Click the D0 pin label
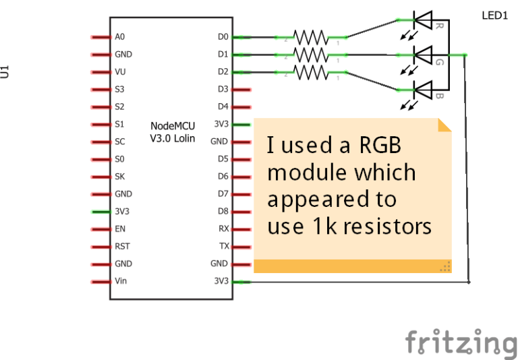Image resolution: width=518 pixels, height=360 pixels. (x=223, y=36)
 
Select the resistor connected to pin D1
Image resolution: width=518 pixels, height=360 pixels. (x=310, y=54)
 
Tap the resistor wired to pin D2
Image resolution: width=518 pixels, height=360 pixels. (x=310, y=71)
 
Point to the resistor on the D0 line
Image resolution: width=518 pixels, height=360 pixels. (x=310, y=36)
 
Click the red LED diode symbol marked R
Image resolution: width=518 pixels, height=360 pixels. (x=422, y=21)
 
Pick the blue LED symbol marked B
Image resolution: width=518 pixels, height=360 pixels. (x=422, y=89)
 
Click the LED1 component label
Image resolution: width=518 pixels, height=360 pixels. (x=494, y=15)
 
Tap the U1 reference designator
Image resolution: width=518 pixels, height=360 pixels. (x=5, y=71)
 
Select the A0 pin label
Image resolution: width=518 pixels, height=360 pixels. (x=121, y=36)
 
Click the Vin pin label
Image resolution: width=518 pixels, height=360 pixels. (x=121, y=281)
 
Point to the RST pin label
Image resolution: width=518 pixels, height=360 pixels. (x=122, y=246)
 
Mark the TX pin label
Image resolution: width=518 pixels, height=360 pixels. (x=224, y=246)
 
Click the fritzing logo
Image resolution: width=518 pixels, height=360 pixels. (x=461, y=342)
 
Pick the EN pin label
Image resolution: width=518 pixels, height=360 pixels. (x=120, y=229)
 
